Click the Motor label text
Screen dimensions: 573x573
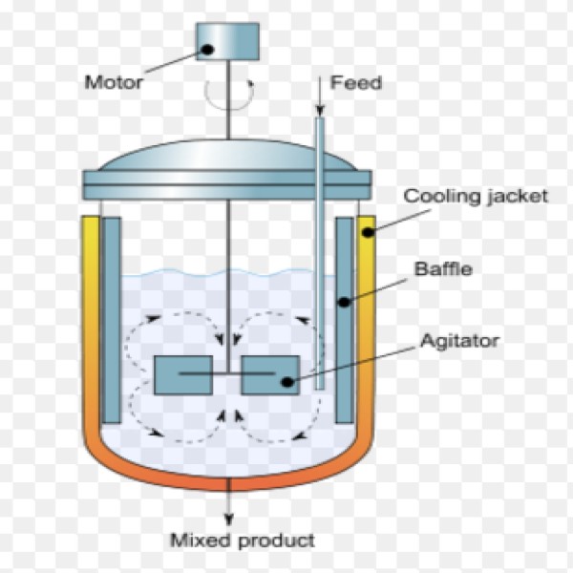tap(114, 82)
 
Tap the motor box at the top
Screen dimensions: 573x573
tap(227, 41)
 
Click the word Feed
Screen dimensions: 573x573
tap(356, 82)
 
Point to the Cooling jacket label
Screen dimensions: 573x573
tap(476, 197)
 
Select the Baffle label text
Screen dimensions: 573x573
tap(443, 269)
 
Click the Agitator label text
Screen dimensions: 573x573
tap(459, 341)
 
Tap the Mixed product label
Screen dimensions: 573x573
tap(243, 541)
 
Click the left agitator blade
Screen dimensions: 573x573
tap(183, 375)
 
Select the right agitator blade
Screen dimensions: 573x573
tap(270, 375)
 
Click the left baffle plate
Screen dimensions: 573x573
tap(111, 320)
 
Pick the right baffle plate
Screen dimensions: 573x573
tap(345, 320)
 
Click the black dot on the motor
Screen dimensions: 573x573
tap(207, 50)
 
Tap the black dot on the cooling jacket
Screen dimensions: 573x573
tap(369, 232)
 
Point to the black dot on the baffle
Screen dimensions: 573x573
tap(344, 302)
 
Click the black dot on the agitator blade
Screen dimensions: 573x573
tap(287, 382)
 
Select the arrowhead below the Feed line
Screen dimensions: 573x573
tap(320, 111)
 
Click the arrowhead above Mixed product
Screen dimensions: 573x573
tap(229, 520)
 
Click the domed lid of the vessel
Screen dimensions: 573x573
tap(227, 156)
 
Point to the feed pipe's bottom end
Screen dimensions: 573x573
tap(320, 389)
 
